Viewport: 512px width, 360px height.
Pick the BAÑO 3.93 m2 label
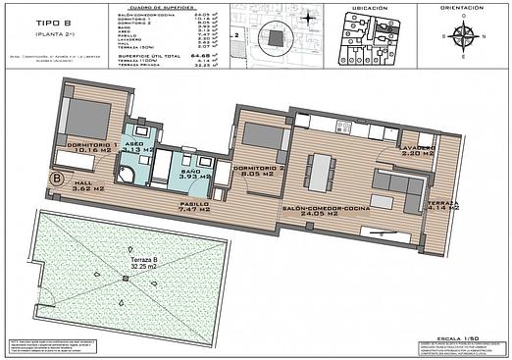coord(186,173)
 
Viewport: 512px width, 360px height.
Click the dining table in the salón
coord(322,173)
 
